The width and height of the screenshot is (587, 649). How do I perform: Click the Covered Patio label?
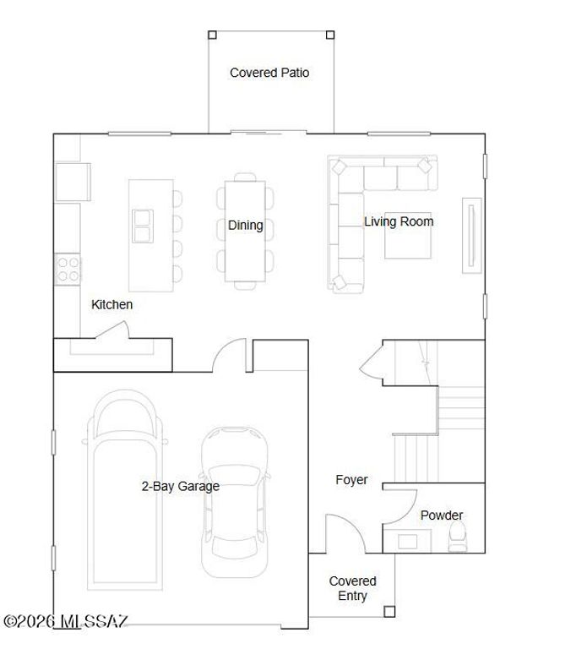269,73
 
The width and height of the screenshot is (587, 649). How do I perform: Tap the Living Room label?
399,221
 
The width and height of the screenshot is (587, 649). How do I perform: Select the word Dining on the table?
245,226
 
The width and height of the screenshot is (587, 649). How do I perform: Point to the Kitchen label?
111,304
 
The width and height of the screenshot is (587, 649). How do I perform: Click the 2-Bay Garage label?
180,486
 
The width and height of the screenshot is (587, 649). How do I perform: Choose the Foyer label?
351,480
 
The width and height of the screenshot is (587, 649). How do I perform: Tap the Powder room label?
441,515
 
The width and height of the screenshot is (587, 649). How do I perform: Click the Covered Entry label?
352,588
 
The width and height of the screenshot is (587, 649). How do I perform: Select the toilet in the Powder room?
457,536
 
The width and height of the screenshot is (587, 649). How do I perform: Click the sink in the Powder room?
410,541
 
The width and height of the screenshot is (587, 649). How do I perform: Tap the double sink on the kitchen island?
144,224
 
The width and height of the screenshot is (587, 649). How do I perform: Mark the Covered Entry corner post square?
389,611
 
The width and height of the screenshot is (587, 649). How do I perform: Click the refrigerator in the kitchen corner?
73,181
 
